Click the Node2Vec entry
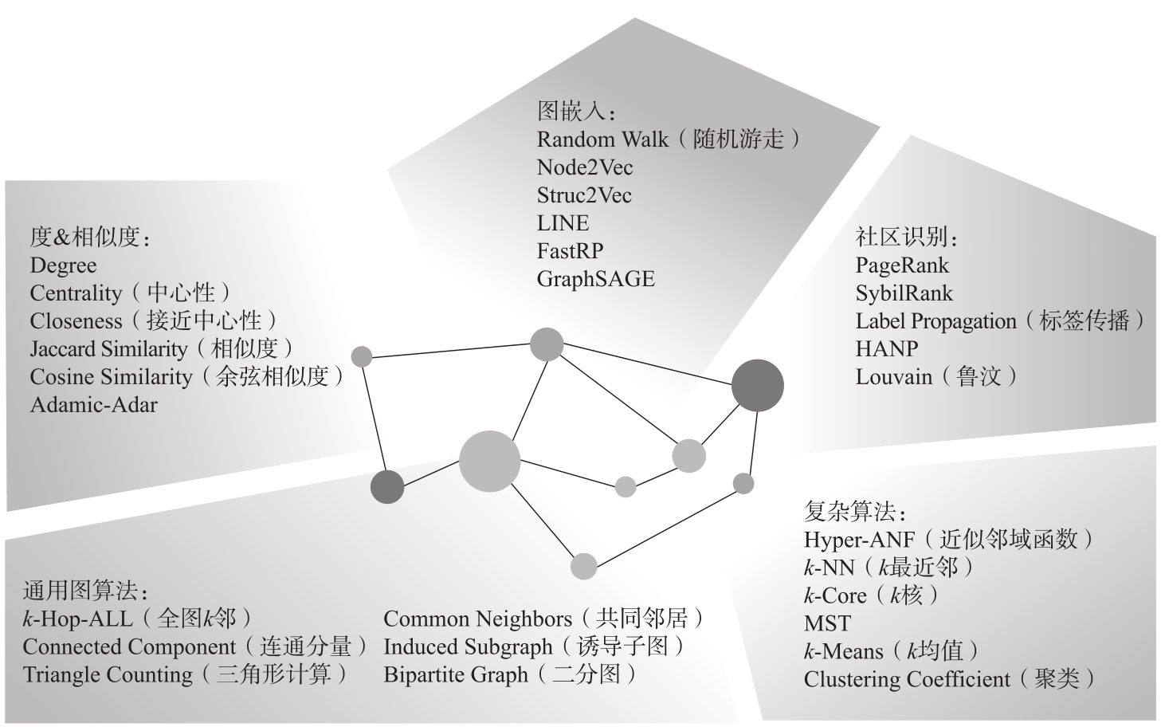point(585,167)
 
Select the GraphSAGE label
point(595,280)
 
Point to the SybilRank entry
point(904,293)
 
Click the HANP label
point(887,348)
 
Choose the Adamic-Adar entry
point(93,405)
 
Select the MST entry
point(827,623)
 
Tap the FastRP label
point(570,251)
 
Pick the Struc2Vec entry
point(584,195)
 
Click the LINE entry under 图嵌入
point(563,223)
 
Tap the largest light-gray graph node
point(489,461)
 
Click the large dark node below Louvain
point(757,386)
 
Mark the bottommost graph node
point(583,566)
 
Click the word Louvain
point(893,377)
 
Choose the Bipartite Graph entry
point(456,675)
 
